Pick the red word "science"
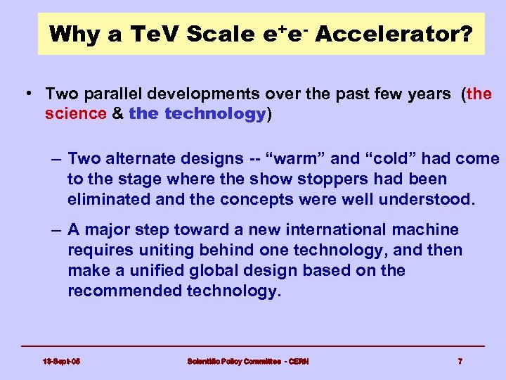click(74, 114)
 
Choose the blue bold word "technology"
click(215, 114)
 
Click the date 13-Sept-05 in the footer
click(61, 362)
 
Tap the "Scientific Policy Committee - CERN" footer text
click(247, 362)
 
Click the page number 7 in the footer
click(460, 362)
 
